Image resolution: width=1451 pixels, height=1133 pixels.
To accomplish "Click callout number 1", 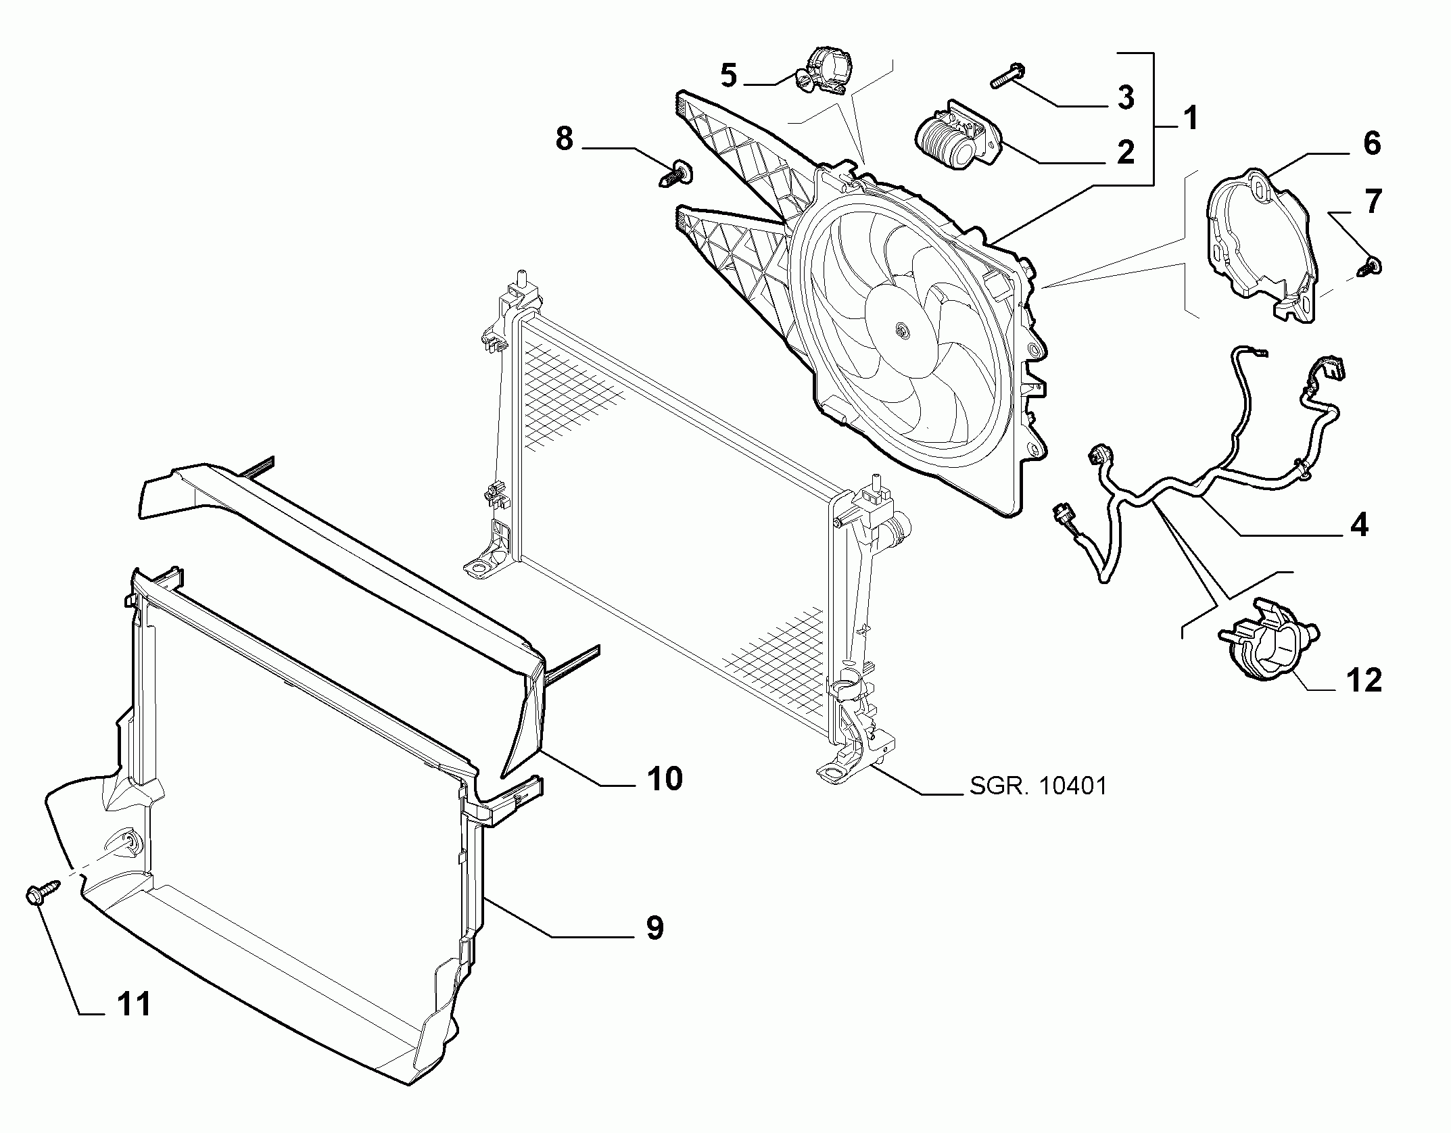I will (x=1190, y=119).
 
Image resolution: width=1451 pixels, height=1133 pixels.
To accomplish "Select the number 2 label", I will (x=1125, y=153).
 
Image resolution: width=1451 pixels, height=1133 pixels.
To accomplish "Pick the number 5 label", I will (x=728, y=75).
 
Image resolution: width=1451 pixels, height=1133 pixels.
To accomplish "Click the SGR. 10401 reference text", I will (x=1039, y=786).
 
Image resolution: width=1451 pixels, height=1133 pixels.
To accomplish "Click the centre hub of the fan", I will (x=901, y=330).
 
